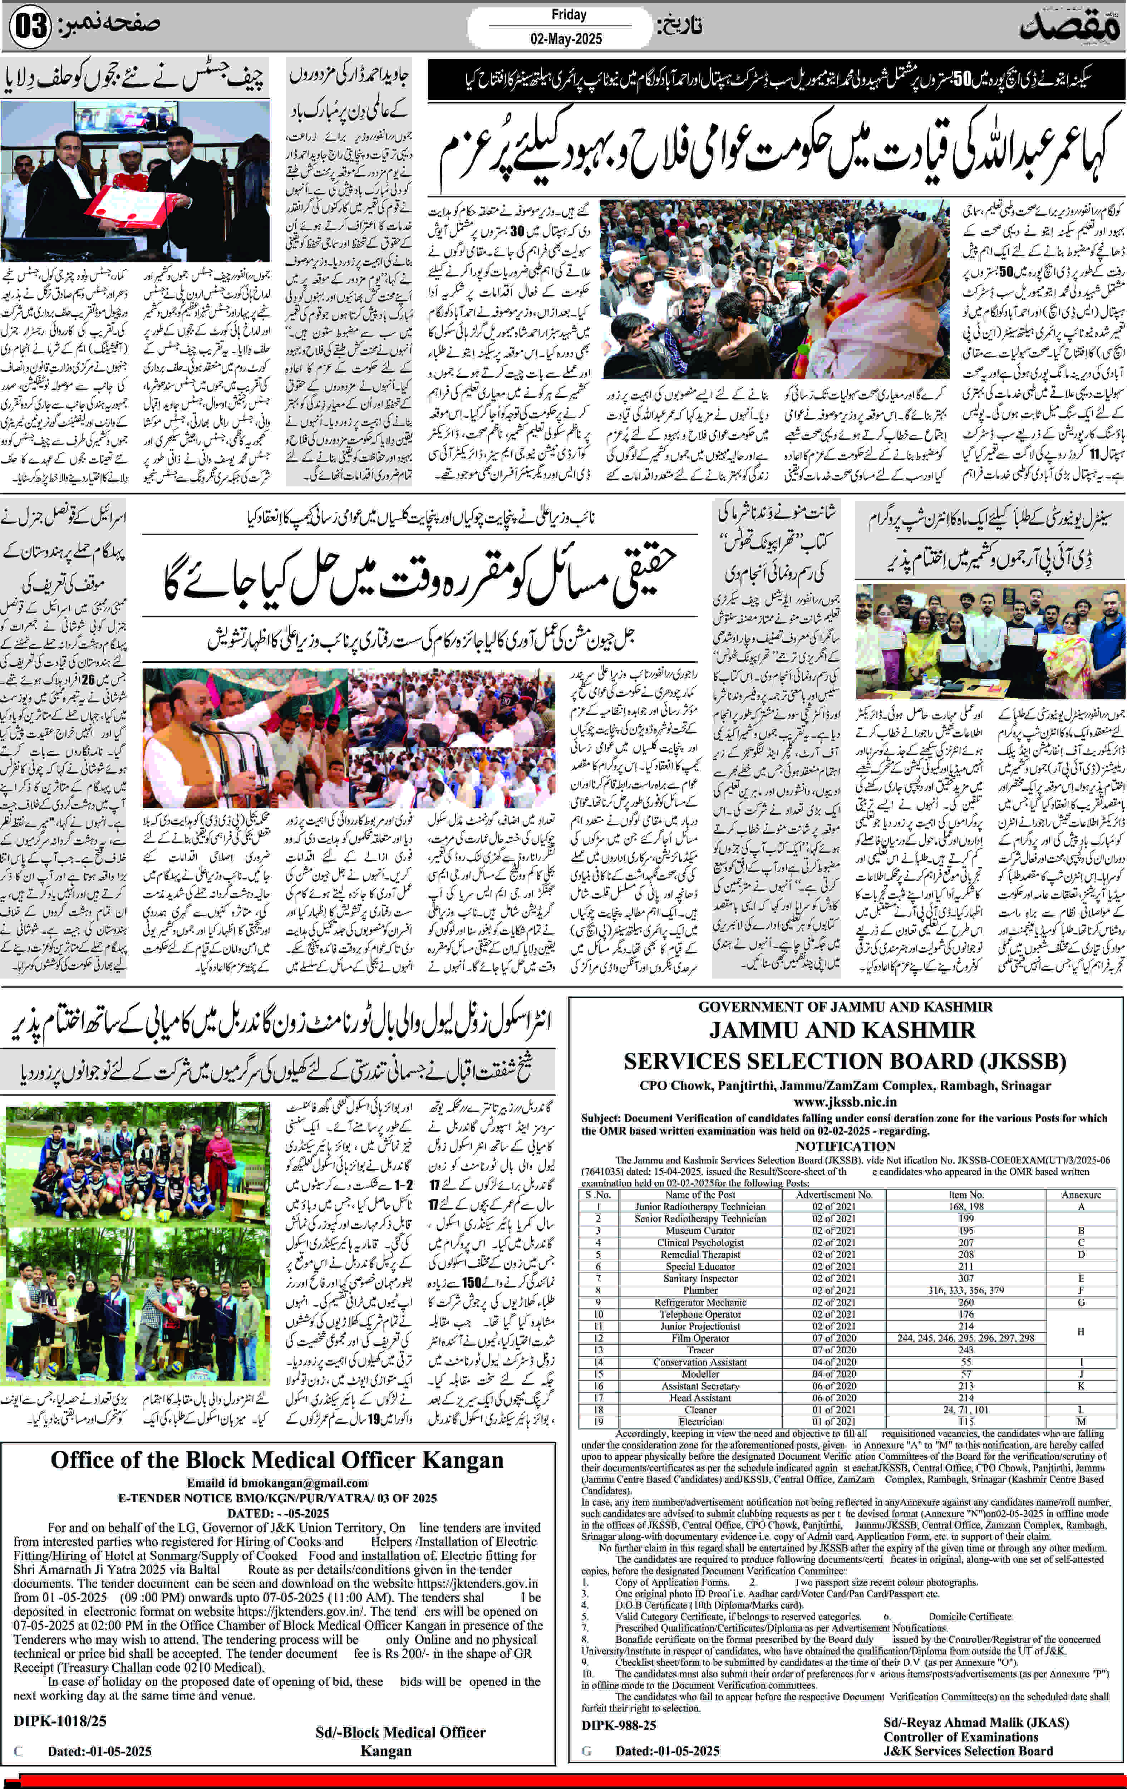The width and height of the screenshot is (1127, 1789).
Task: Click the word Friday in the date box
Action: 569,15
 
